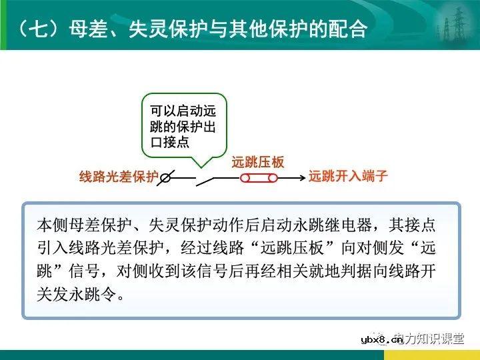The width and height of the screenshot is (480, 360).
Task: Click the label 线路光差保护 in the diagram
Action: [119, 177]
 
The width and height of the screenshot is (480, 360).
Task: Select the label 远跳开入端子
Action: [347, 177]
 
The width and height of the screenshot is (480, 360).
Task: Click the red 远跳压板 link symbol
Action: [258, 178]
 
